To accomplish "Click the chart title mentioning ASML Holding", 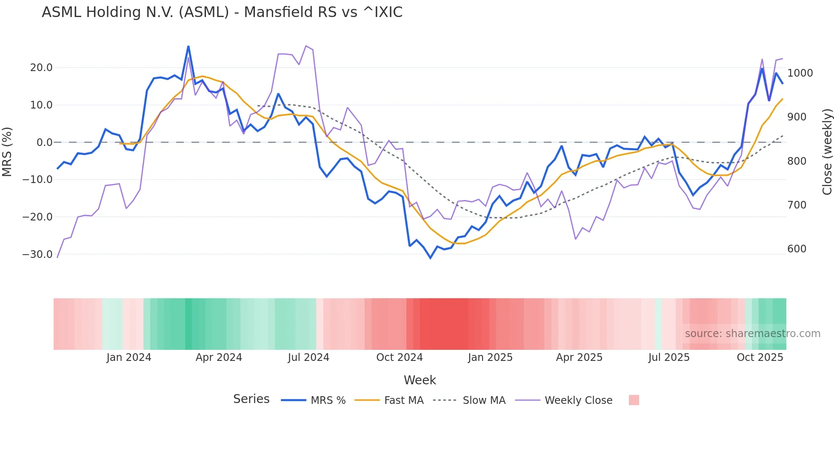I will (222, 12).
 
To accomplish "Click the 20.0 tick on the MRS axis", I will (41, 68).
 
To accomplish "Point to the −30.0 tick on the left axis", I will (37, 255).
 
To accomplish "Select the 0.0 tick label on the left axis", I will (44, 143).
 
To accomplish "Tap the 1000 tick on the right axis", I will (800, 73).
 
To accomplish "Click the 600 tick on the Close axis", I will (797, 249).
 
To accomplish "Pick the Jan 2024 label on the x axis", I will (129, 357).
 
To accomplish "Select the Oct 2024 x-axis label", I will (399, 357).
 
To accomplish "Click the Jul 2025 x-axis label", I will (668, 357).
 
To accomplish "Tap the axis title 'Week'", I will (420, 380).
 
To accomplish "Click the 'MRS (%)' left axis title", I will (7, 152).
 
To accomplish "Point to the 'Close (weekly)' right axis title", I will (827, 152).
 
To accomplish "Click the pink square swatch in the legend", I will (634, 400).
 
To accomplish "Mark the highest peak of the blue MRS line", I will (189, 46).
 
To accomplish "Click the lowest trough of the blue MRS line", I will (430, 258).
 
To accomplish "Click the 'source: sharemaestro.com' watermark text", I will (752, 334).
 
